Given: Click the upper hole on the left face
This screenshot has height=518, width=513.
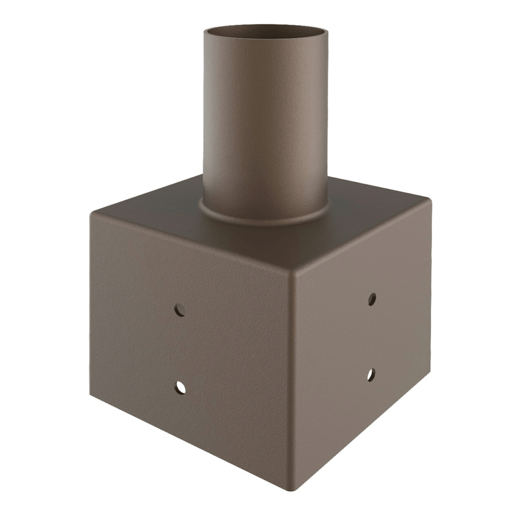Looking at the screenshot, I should (180, 310).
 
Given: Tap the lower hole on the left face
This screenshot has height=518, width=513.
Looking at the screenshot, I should (180, 388).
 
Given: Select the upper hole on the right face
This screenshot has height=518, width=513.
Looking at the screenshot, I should (372, 298).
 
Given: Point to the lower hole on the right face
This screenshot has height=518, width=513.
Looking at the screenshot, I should (370, 375).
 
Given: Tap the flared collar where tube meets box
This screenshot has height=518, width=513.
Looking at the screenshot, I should (266, 216).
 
